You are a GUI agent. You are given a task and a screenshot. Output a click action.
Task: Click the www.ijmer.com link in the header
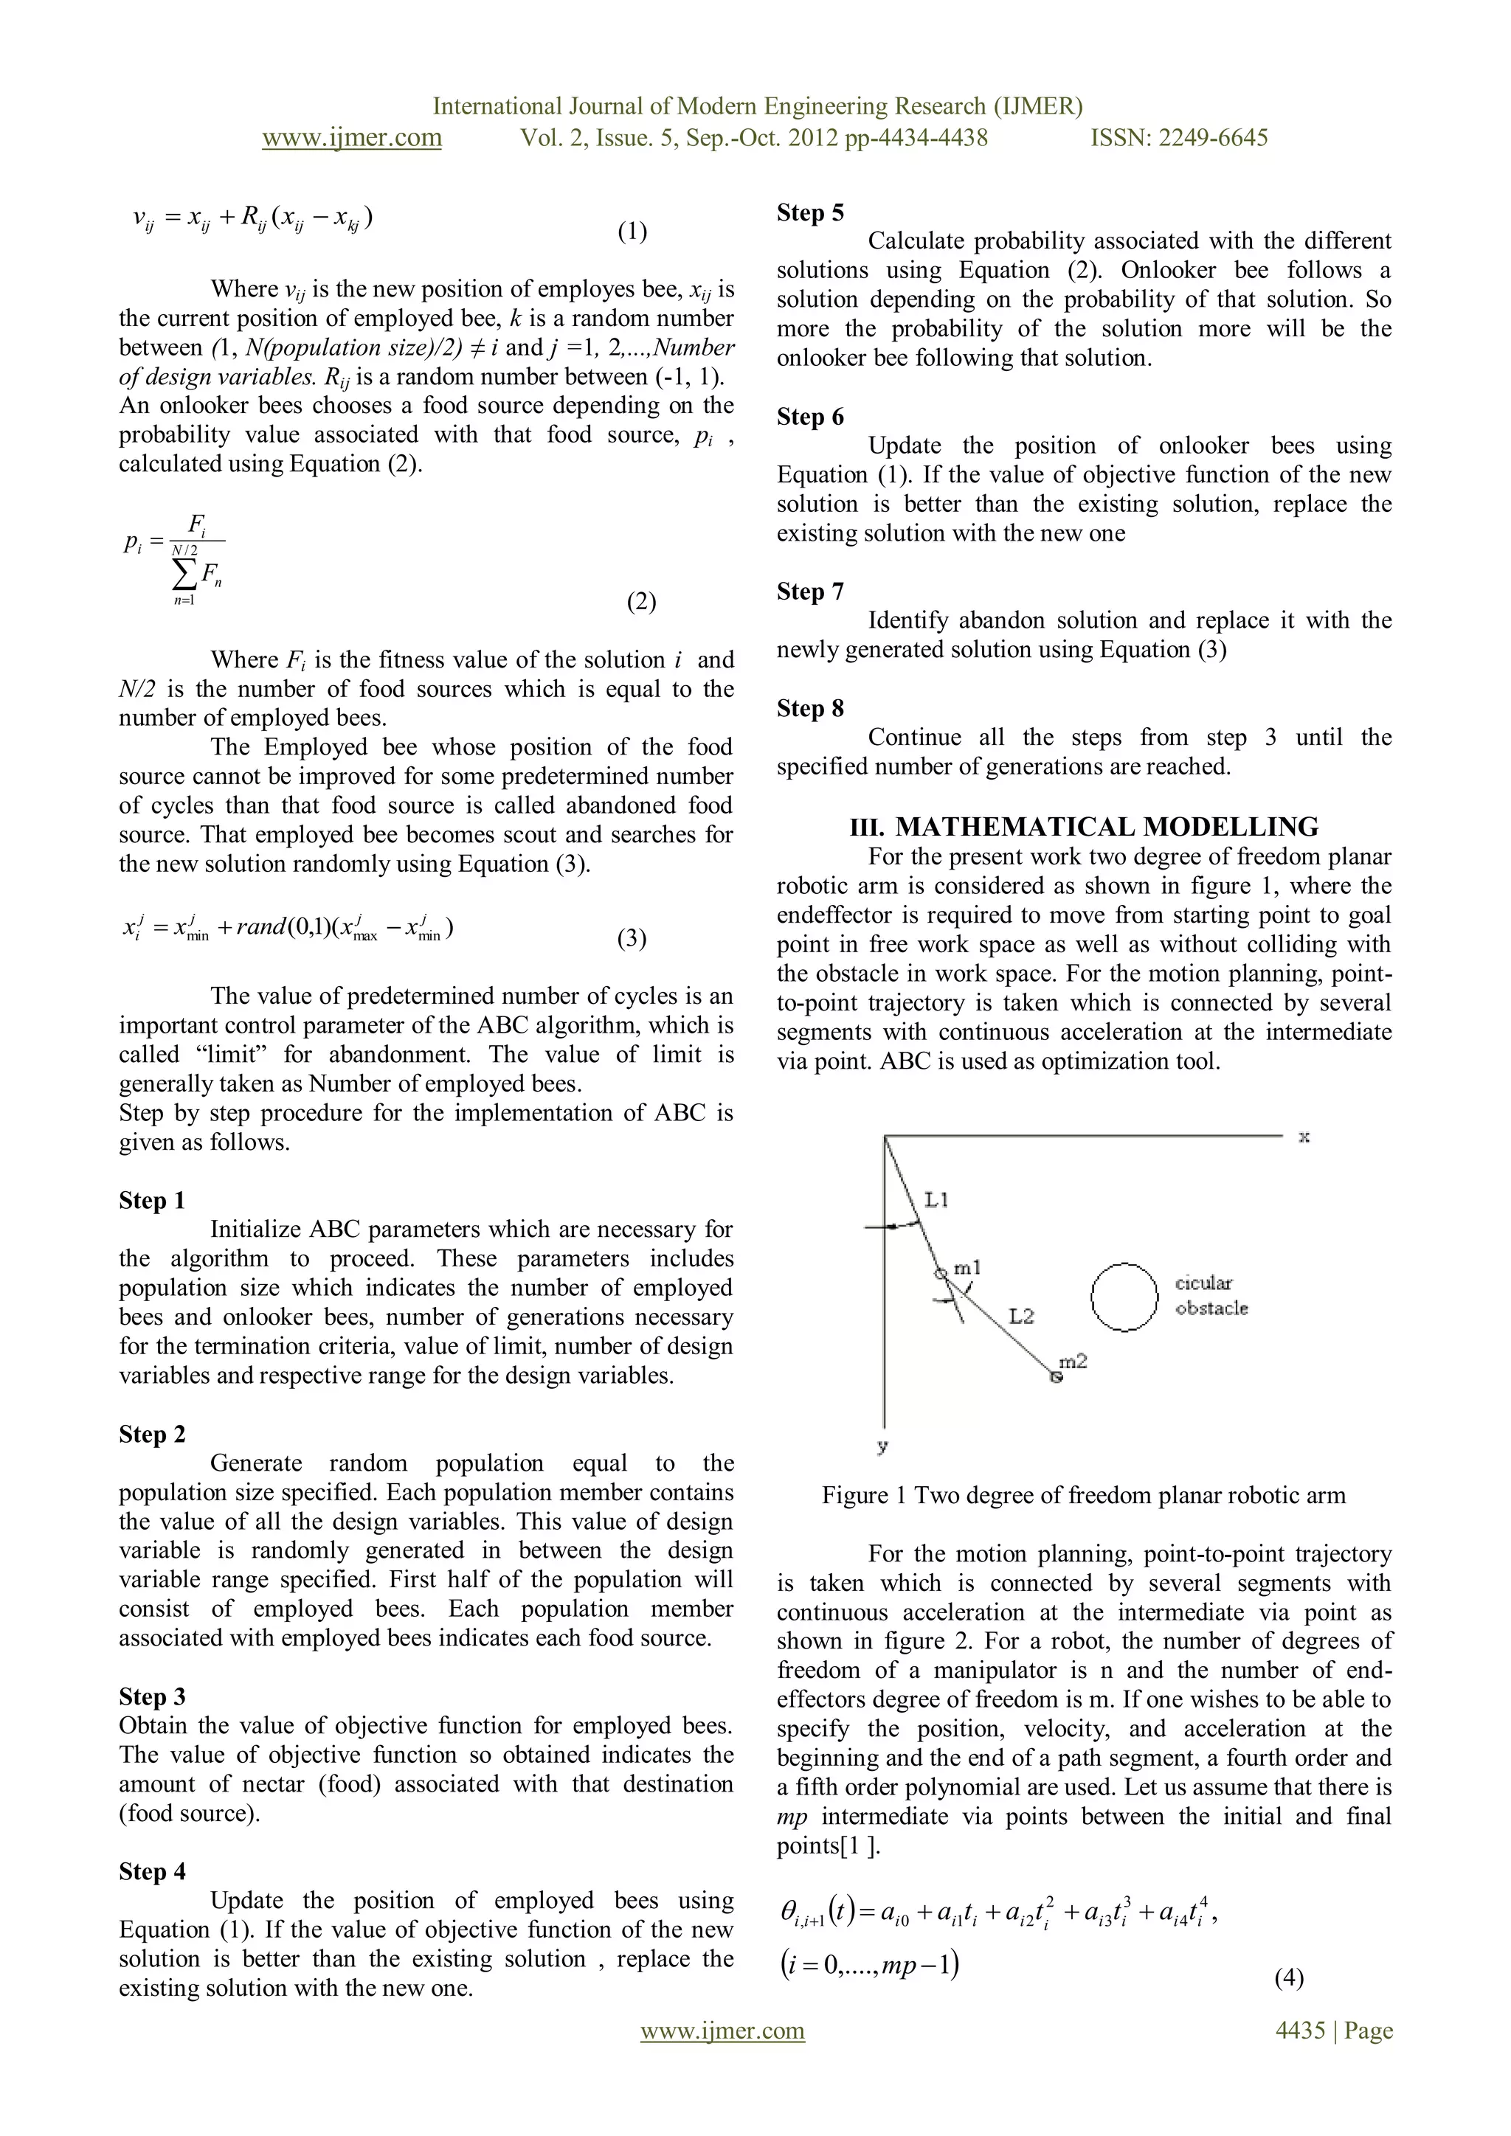click(352, 138)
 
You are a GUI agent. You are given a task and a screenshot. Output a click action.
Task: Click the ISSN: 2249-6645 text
click(1179, 138)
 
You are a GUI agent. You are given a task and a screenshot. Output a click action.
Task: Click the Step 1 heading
click(153, 1200)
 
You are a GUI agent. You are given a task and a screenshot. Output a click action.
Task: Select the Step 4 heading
click(153, 1871)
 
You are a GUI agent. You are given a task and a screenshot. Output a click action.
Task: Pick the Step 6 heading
click(810, 417)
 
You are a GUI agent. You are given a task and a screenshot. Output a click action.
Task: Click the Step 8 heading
click(810, 709)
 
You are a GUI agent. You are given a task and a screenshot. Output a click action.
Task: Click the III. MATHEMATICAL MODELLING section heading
click(1084, 826)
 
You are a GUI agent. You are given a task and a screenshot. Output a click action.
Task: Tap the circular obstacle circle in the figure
click(1124, 1296)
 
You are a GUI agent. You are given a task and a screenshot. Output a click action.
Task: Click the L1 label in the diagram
click(936, 1200)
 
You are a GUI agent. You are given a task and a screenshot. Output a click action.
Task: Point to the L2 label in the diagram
click(1020, 1316)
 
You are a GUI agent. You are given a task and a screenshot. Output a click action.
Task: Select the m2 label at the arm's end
click(1073, 1362)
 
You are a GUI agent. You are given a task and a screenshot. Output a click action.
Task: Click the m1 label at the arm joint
click(968, 1268)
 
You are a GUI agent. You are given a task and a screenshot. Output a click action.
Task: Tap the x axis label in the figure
click(1304, 1137)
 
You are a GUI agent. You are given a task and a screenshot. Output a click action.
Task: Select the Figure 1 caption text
click(1084, 1495)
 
